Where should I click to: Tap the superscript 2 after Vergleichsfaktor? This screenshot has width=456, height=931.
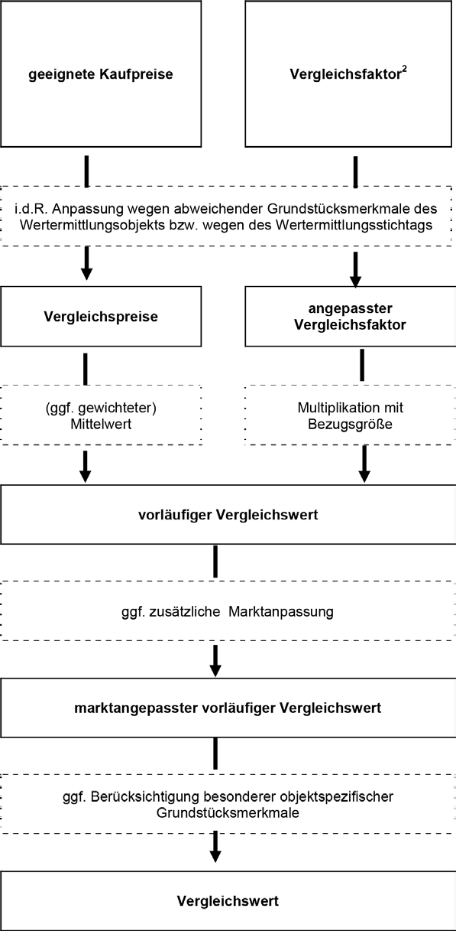(x=404, y=69)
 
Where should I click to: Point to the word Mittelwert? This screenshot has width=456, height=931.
(x=101, y=425)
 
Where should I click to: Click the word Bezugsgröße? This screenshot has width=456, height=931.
(x=350, y=425)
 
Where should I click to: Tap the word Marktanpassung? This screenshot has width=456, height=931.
(x=281, y=612)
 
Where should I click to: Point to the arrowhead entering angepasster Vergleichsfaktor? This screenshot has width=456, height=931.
(x=356, y=281)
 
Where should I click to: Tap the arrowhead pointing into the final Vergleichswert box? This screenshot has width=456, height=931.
(x=215, y=856)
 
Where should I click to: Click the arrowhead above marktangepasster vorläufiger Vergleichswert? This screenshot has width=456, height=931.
(x=215, y=670)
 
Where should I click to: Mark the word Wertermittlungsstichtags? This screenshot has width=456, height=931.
(x=354, y=225)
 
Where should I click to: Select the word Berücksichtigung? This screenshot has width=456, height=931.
(x=138, y=797)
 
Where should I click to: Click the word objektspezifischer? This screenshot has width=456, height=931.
(x=337, y=797)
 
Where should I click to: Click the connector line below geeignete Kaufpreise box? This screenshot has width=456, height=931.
(x=86, y=171)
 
